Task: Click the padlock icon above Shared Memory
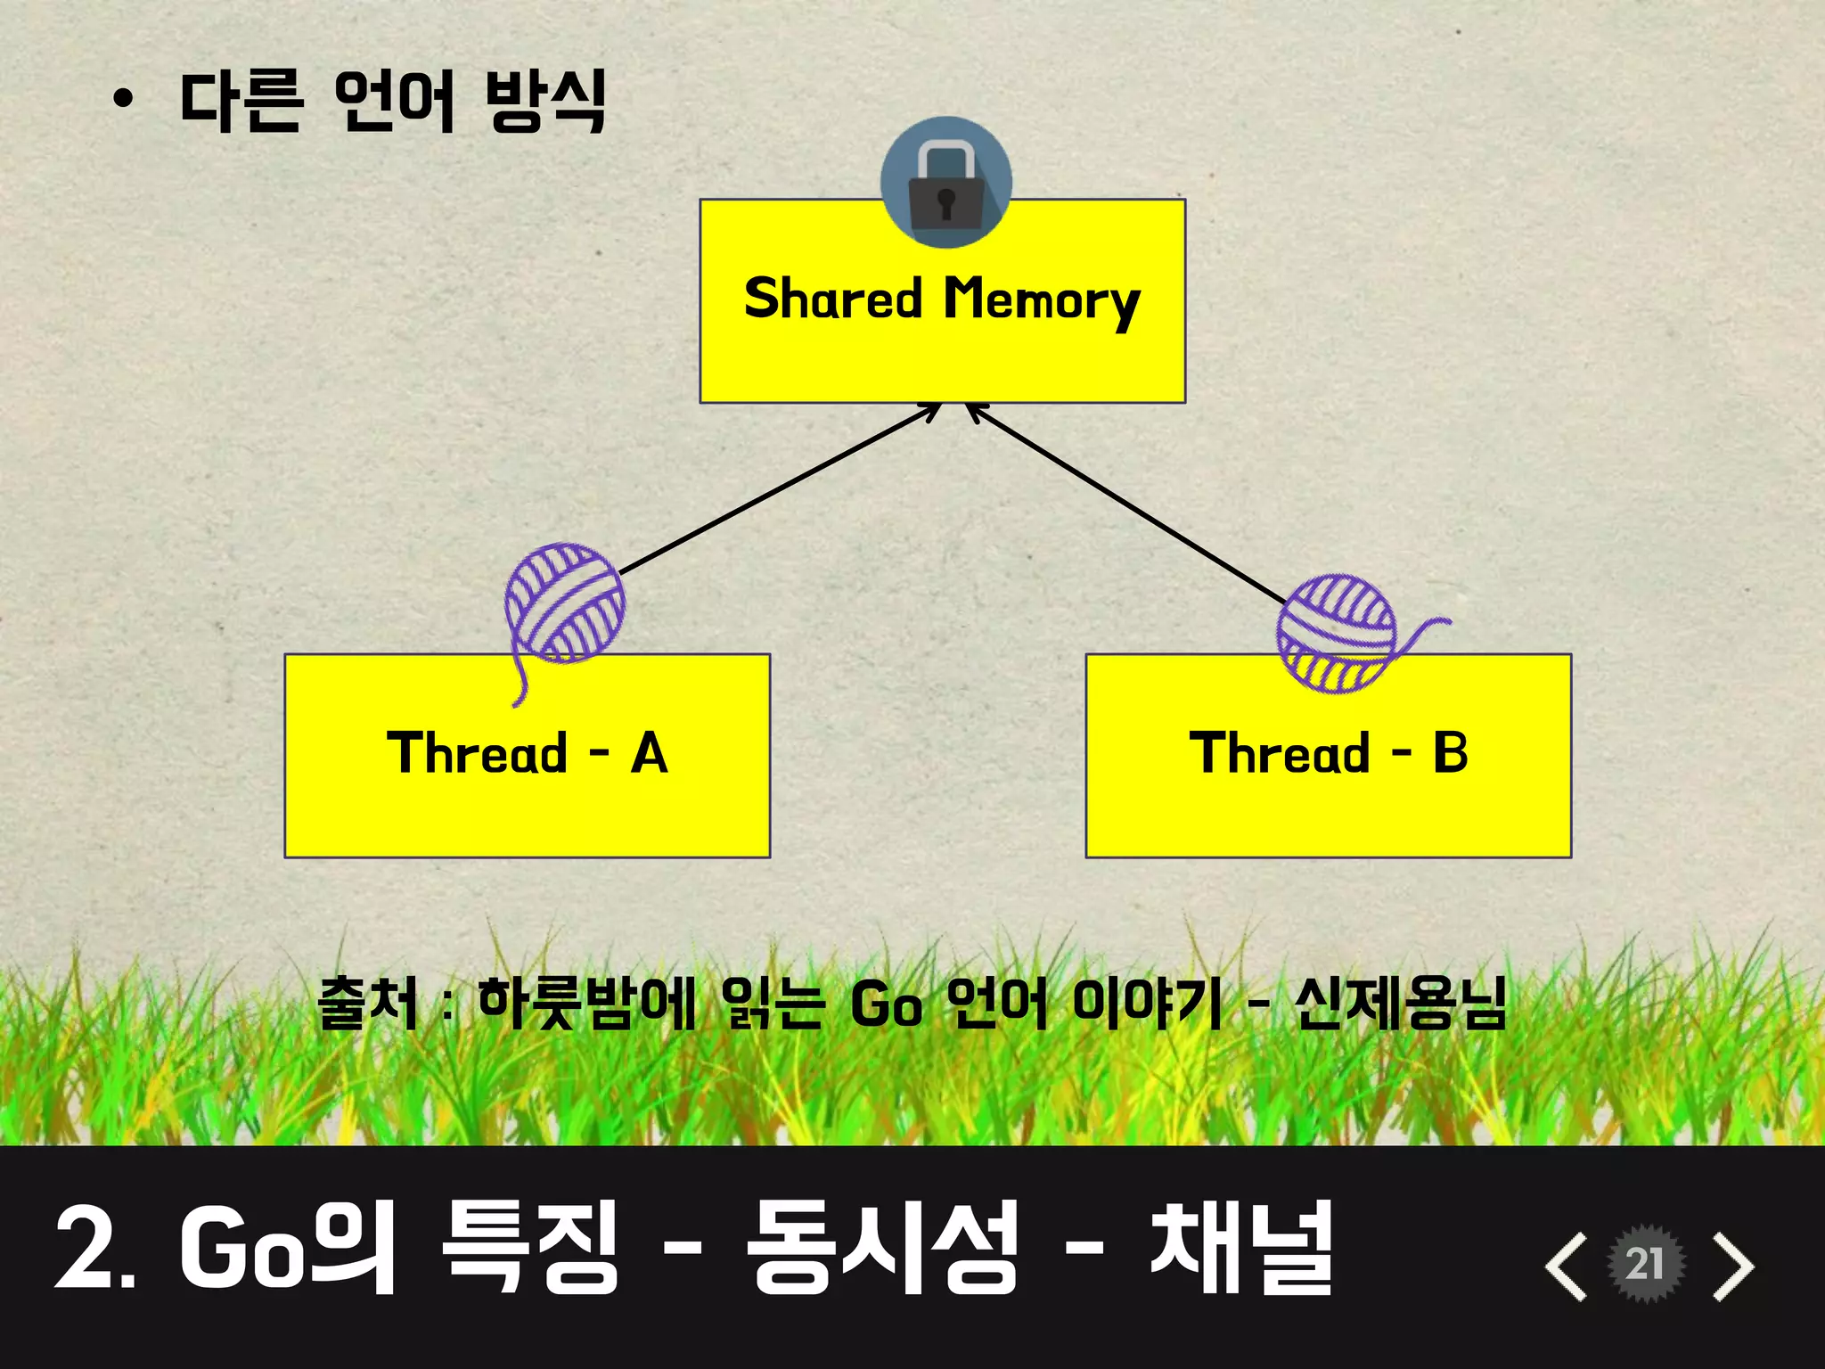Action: tap(945, 184)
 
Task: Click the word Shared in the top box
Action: tap(833, 299)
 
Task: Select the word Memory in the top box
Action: tap(1042, 300)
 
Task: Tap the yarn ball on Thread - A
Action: tap(564, 603)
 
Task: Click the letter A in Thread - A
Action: tap(650, 754)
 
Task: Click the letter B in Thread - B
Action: tap(1450, 753)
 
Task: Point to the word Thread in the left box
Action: tap(477, 754)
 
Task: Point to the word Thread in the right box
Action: tap(1279, 754)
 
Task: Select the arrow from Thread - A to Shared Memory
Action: tap(780, 489)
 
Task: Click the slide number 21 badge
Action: tap(1645, 1264)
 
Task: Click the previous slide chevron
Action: tap(1566, 1266)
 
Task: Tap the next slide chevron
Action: tap(1733, 1266)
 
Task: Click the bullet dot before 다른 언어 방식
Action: tap(123, 100)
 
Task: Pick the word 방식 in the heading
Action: tap(546, 101)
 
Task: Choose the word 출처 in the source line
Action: tap(368, 1004)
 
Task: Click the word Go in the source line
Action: tap(886, 1005)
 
